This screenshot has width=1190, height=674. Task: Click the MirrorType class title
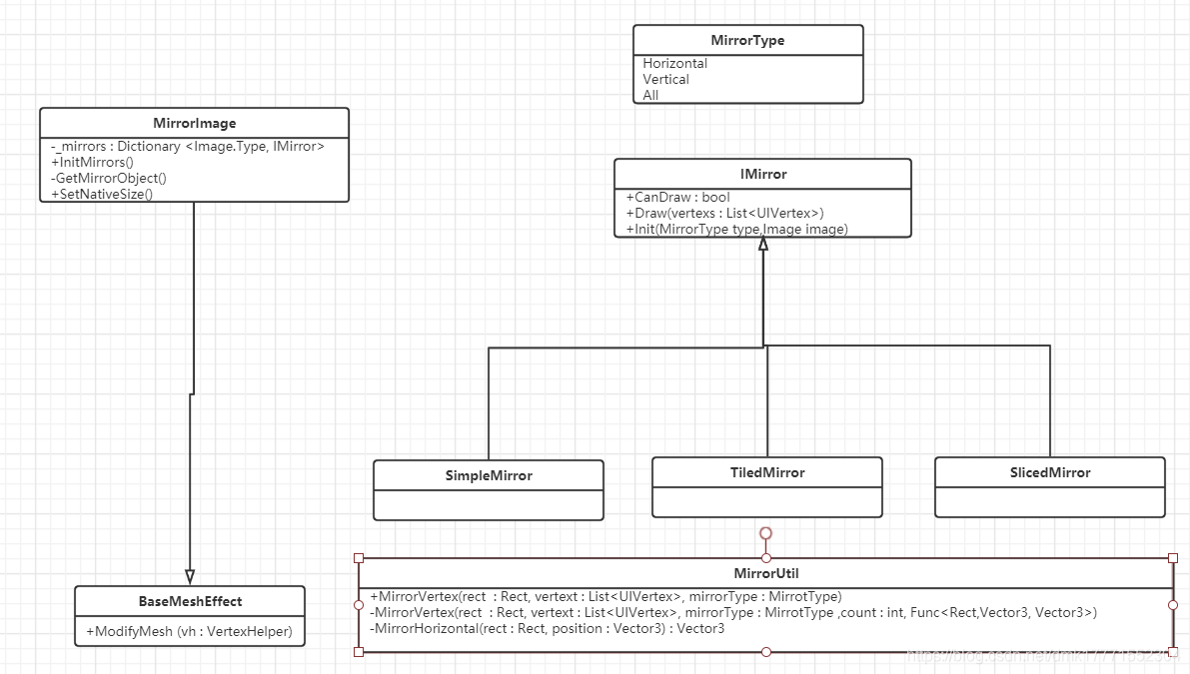pos(747,41)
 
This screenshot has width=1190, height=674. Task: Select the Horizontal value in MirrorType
pos(675,64)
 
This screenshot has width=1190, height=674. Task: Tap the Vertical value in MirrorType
pos(666,80)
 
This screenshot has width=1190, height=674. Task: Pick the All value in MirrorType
pos(651,96)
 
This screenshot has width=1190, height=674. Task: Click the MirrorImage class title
pos(195,124)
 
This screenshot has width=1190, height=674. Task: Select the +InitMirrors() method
pos(92,163)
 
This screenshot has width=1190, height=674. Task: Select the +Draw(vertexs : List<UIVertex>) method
pos(724,214)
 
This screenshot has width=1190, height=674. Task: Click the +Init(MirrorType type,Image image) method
pos(737,230)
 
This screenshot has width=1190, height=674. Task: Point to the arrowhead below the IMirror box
pos(762,244)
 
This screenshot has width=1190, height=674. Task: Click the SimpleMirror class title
pos(488,476)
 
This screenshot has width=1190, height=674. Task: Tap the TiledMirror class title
pos(766,473)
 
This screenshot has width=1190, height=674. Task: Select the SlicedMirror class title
pos(1049,473)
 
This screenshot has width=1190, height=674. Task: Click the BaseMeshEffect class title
pos(190,602)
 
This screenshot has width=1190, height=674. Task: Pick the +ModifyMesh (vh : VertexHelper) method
pos(189,632)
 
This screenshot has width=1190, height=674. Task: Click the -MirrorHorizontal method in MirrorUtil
pos(547,629)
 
